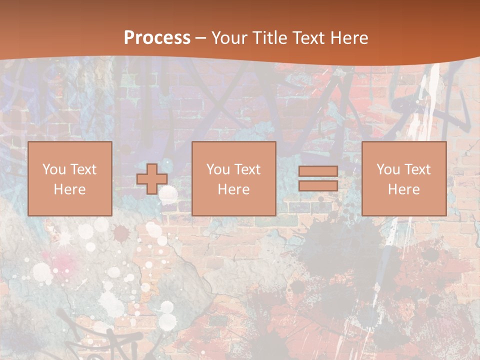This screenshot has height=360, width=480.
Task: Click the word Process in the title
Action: tap(157, 38)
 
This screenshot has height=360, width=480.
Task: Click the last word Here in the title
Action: tap(349, 38)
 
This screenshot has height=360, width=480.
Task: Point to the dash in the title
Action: tap(200, 38)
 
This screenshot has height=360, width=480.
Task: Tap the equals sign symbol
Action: tap(318, 178)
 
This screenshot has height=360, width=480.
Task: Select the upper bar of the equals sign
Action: tap(318, 171)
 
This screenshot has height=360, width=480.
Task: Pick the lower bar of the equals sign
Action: tap(318, 186)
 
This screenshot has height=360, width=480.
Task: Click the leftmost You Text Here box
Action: tap(70, 178)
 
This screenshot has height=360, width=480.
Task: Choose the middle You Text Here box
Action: tap(234, 178)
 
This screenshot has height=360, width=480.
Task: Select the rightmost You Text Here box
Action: tap(404, 178)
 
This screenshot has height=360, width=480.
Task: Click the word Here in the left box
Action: tap(70, 189)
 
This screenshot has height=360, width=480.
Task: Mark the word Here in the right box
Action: tap(404, 189)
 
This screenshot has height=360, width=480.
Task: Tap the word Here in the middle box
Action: tap(234, 189)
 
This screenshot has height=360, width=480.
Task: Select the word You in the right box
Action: tap(388, 169)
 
